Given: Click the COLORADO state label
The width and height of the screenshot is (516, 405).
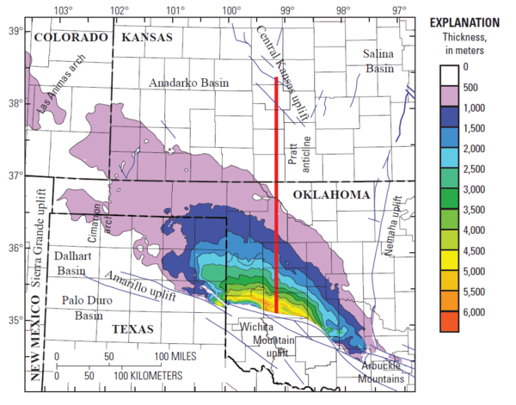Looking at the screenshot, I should (71, 37).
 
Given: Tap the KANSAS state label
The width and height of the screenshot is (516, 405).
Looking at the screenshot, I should (148, 37).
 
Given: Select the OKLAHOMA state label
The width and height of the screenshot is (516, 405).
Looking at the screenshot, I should (329, 196).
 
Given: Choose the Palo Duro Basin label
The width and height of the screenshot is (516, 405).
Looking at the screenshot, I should (85, 308).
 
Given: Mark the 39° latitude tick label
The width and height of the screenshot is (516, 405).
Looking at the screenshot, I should (15, 31).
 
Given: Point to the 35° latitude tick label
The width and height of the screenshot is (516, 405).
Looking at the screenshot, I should (15, 321).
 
